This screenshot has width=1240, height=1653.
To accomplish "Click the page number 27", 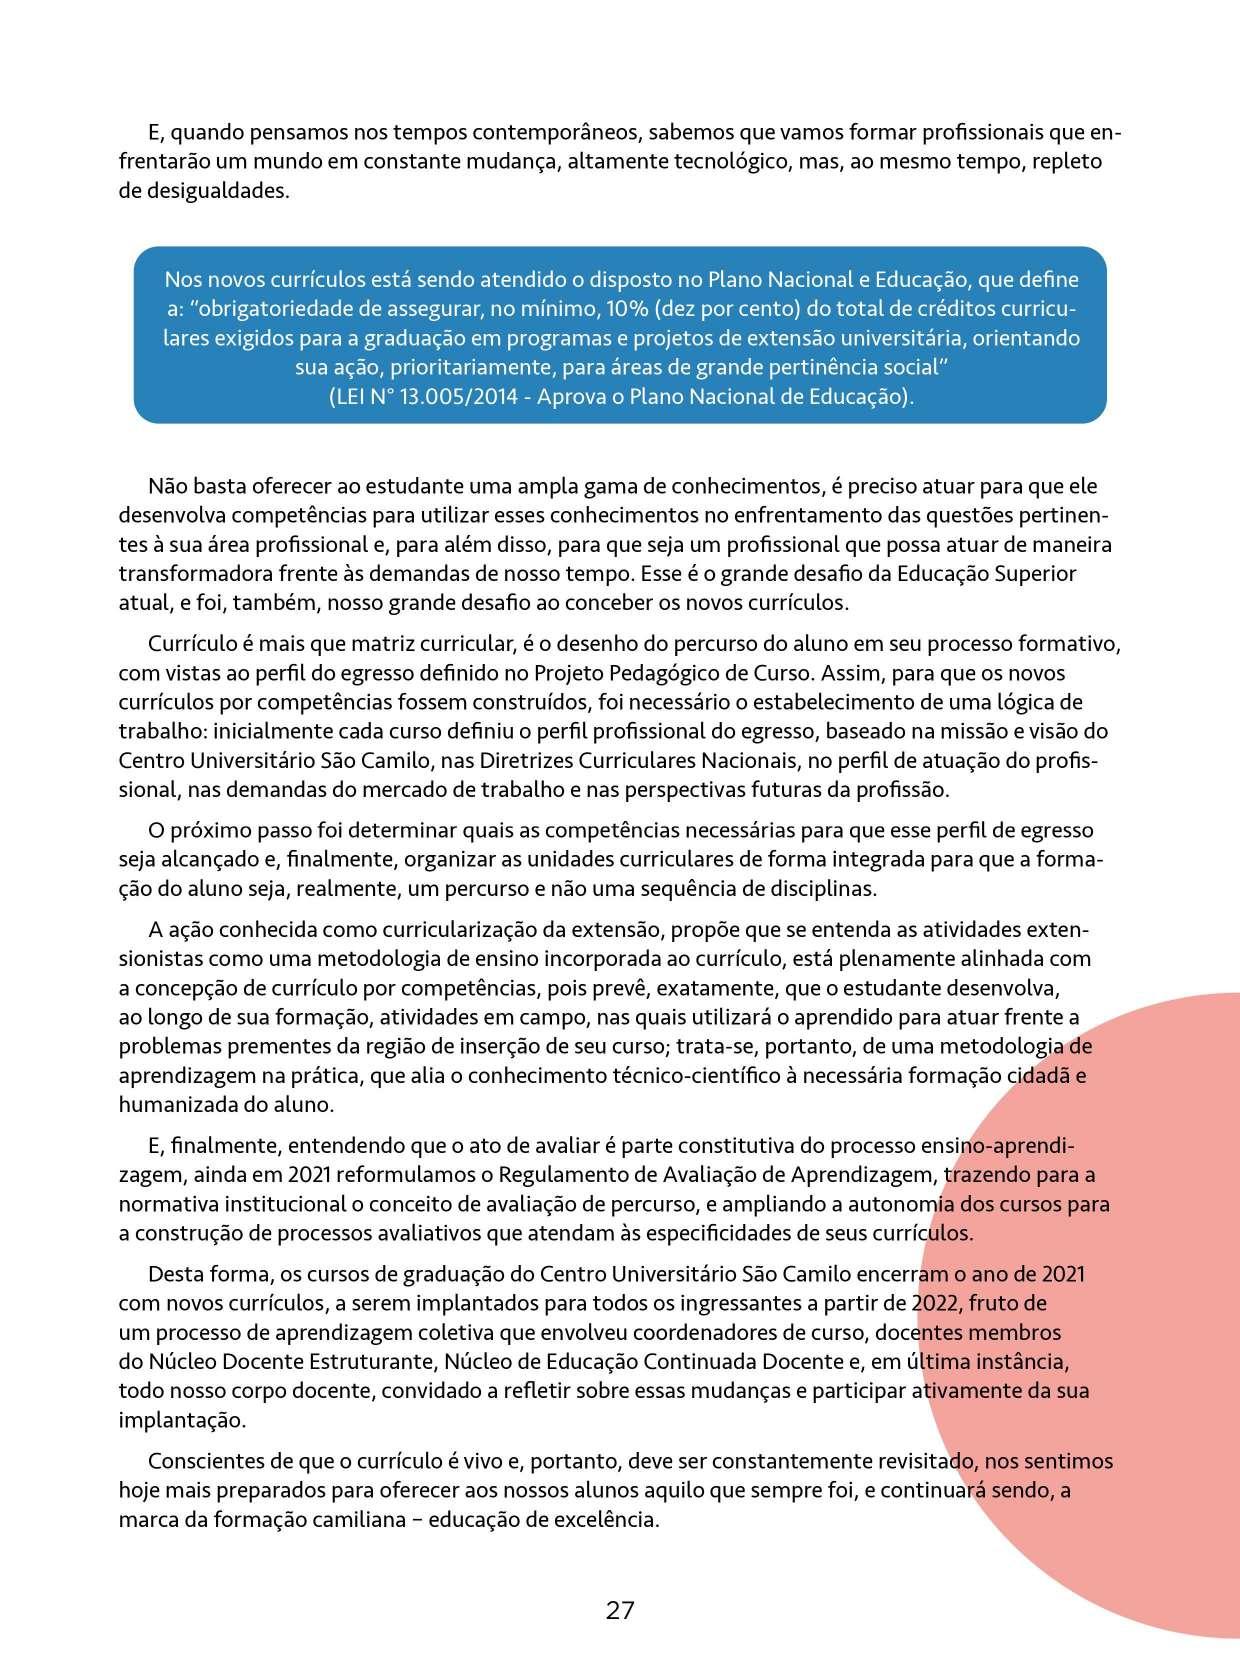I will [x=620, y=1610].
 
